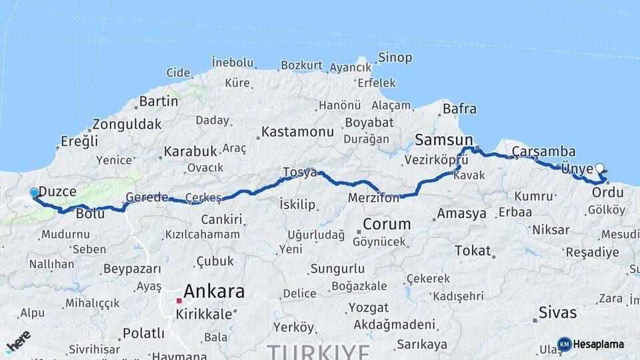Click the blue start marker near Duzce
pos(35,193)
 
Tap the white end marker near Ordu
pos(599,169)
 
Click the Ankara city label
pos(213,291)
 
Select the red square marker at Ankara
pos(179,301)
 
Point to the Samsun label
pos(439,139)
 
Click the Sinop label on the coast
pos(395,57)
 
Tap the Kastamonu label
pos(297,132)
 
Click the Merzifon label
pos(373,198)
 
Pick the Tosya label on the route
pos(299,172)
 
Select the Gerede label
pos(147,197)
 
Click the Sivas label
pos(557,312)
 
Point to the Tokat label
pos(472,251)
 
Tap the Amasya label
pos(462,214)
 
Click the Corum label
pos(387,223)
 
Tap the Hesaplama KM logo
pos(592,344)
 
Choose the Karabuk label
pos(191,151)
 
